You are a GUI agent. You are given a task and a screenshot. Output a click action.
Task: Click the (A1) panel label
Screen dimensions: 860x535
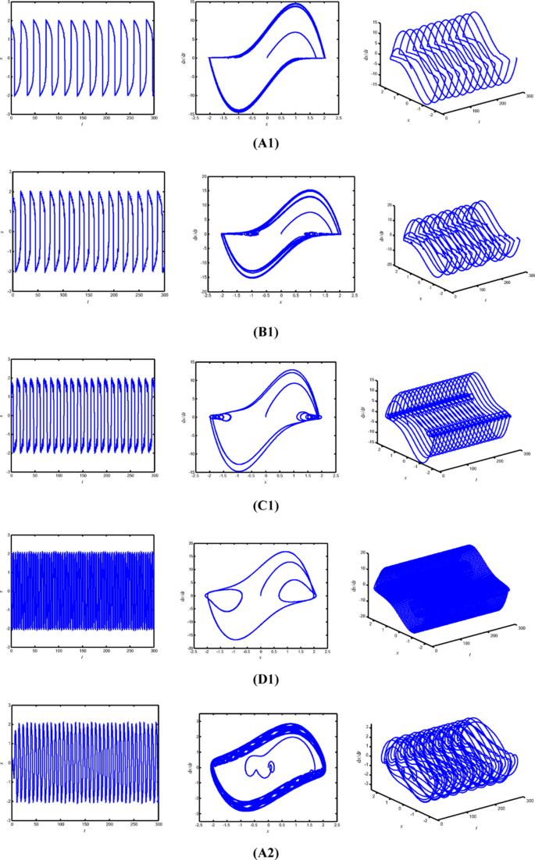[267, 144]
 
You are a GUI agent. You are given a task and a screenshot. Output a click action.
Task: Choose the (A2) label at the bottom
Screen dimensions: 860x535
[267, 852]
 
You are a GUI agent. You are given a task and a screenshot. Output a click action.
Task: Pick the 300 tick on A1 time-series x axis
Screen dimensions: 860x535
[154, 118]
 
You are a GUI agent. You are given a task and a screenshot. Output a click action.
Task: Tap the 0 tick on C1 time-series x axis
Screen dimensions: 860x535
[11, 476]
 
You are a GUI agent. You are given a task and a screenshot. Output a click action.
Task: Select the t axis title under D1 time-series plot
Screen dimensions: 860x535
[82, 658]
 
